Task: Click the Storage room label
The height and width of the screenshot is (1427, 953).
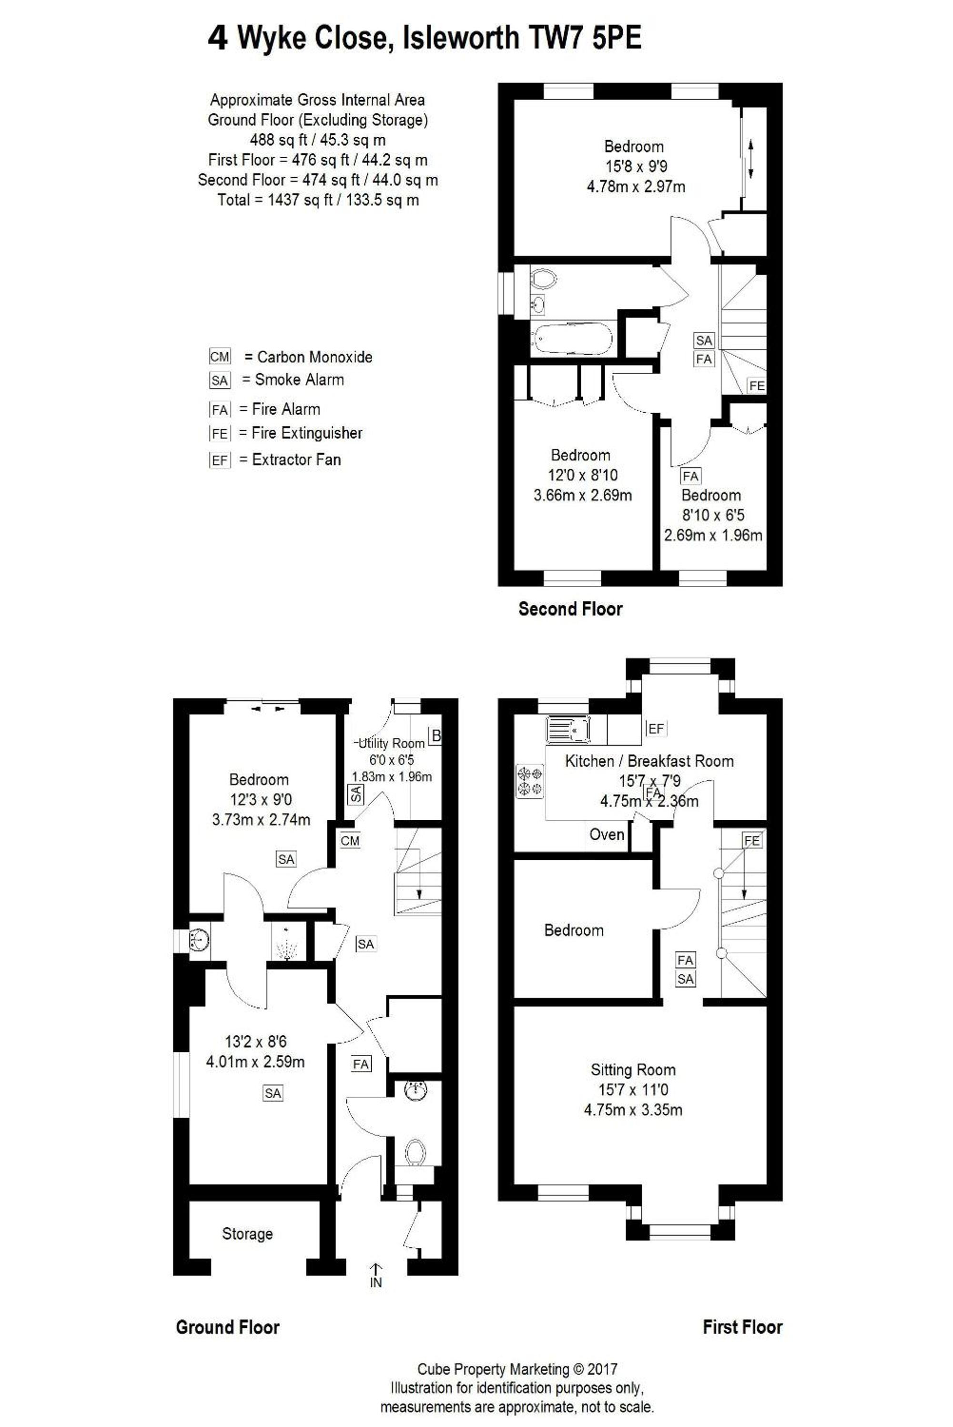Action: [x=247, y=1234]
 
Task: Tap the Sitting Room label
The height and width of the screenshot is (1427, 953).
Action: [x=633, y=1070]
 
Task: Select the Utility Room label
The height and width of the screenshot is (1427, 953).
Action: [x=391, y=743]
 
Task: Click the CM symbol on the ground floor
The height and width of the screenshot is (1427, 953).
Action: [x=350, y=841]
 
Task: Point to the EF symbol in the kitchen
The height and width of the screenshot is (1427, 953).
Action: [x=656, y=728]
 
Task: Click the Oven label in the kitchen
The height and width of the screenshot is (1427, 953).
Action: [x=607, y=835]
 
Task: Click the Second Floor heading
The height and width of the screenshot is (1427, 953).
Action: [x=570, y=609]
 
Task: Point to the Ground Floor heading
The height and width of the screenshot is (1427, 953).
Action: [x=228, y=1327]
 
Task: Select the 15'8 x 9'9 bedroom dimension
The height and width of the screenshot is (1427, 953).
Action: [x=636, y=166]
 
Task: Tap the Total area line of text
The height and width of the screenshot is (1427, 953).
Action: [x=318, y=200]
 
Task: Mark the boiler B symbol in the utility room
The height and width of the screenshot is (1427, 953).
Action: [x=435, y=736]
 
